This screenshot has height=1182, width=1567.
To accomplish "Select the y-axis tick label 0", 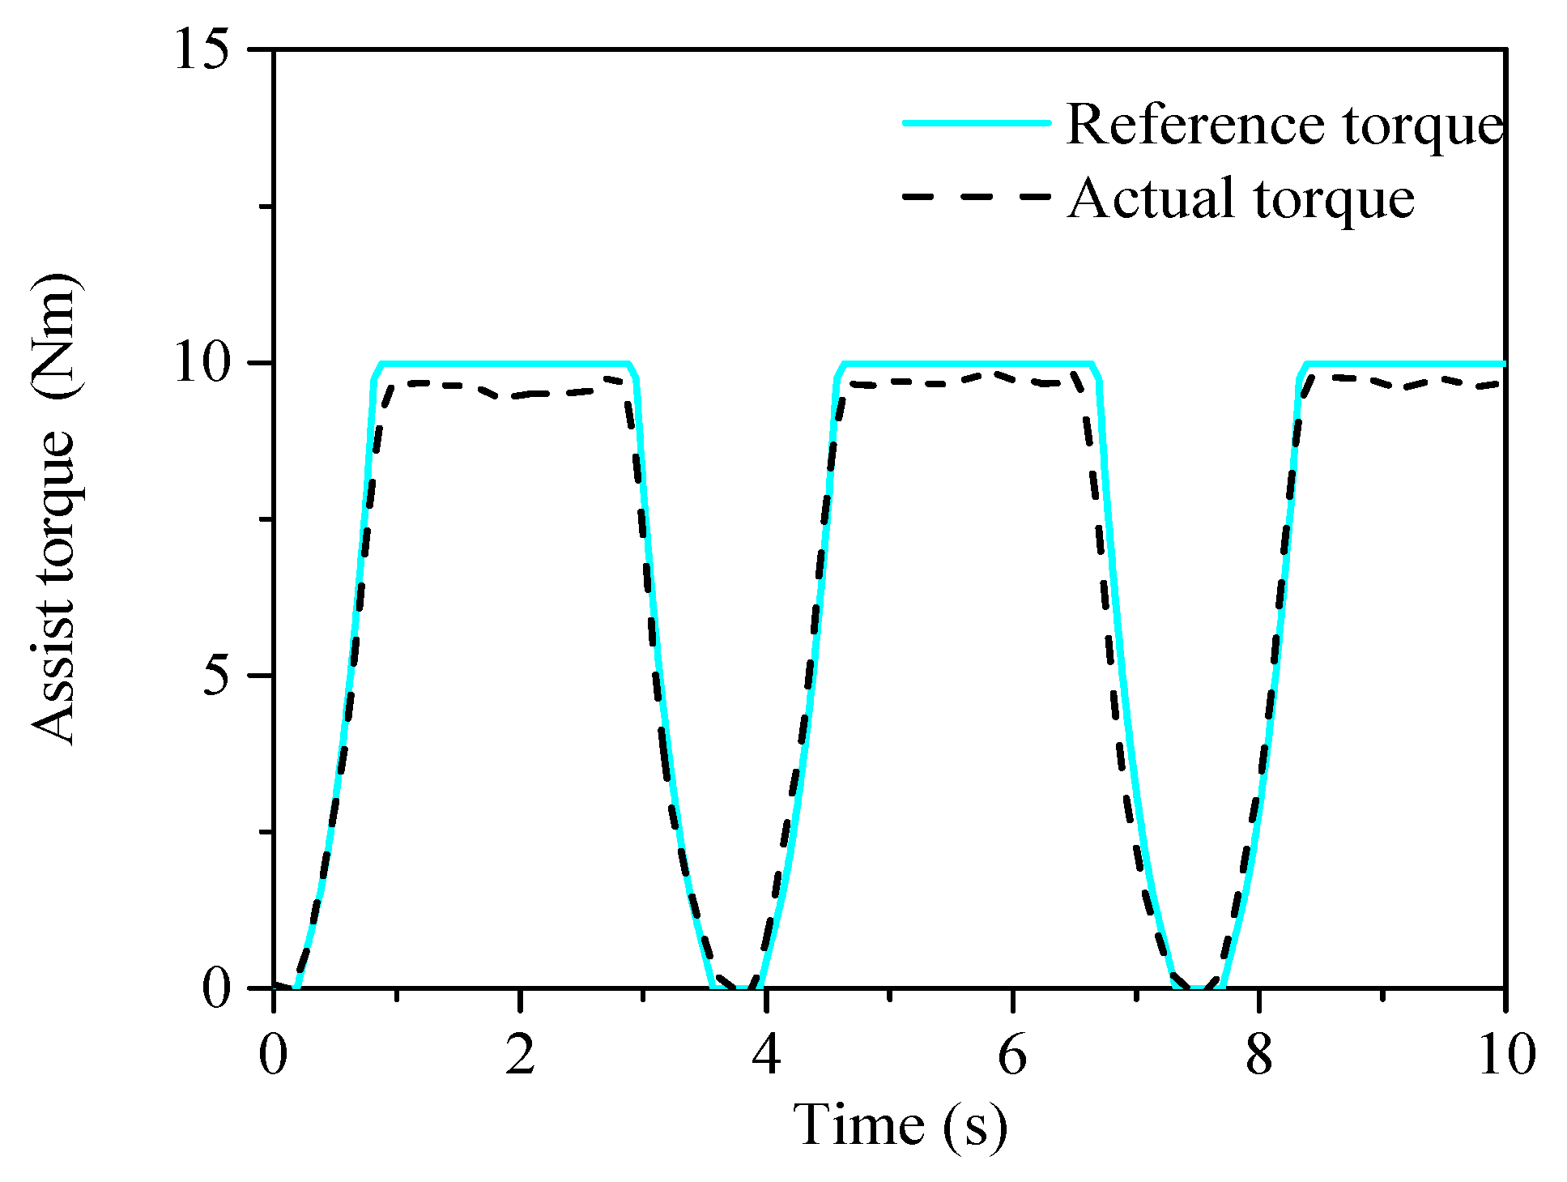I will (216, 988).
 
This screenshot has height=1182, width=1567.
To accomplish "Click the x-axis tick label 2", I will (520, 1055).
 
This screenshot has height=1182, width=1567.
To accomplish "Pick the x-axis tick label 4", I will (765, 1055).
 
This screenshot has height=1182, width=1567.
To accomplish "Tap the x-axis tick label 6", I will (1012, 1055).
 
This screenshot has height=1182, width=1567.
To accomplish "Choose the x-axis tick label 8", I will (1258, 1055).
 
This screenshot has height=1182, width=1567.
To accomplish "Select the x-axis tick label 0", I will (274, 1055).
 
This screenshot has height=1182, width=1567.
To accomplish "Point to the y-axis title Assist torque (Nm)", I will (55, 509).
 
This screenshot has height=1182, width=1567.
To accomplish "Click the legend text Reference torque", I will (1285, 126).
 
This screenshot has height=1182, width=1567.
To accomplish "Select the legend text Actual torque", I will (1241, 198).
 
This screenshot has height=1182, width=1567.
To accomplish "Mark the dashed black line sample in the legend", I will (977, 196).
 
